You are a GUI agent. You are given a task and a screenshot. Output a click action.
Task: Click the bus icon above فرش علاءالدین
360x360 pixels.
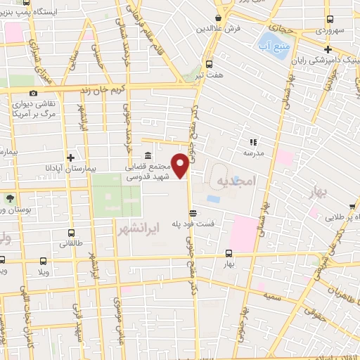(x=219, y=19)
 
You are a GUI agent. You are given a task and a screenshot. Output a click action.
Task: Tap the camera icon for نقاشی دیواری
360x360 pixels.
(x=33, y=93)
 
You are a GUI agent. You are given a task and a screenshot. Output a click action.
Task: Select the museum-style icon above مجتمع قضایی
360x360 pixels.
(x=147, y=156)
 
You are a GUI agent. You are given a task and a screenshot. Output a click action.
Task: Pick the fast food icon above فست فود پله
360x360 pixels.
(x=192, y=212)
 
